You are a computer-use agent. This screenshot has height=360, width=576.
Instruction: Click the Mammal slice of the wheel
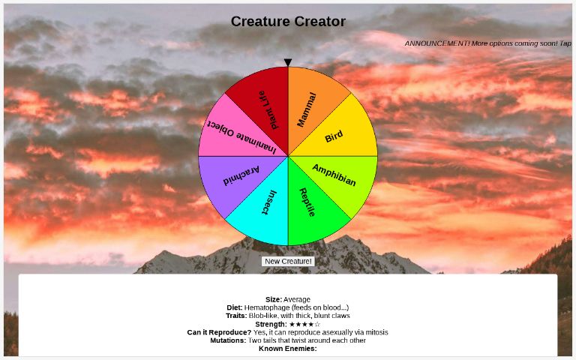pos(307,109)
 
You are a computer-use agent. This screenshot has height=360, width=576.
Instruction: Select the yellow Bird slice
pos(334,136)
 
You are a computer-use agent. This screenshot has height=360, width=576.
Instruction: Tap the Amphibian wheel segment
pos(334,175)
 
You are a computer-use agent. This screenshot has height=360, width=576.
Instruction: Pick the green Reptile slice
pos(307,202)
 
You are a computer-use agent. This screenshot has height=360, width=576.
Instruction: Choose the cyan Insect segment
pos(268,202)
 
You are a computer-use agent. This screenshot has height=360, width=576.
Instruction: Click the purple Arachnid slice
pos(241,176)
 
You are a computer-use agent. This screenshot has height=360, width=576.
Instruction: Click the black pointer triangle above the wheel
pos(288,63)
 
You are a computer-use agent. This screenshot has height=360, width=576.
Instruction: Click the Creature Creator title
pos(288,22)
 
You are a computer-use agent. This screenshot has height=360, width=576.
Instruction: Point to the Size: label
pos(273,299)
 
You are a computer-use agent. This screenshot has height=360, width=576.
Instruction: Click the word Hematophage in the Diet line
pos(266,307)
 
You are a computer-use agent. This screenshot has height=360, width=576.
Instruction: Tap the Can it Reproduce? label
pos(219,332)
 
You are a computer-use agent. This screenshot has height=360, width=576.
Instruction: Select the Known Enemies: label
pos(288,349)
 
